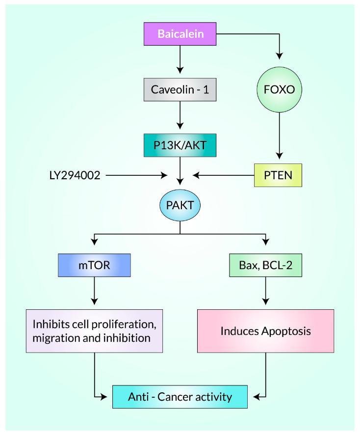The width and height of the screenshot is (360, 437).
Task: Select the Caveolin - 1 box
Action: pos(180,91)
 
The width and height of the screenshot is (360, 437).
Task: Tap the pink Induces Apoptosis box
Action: pos(265,331)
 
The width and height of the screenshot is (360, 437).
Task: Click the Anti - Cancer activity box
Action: pos(180,396)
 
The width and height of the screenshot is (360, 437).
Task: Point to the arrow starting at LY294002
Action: pos(135,174)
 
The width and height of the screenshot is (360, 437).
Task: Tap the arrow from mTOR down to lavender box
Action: pos(94,294)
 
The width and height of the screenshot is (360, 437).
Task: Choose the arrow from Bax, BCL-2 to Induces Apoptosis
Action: pos(266,294)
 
